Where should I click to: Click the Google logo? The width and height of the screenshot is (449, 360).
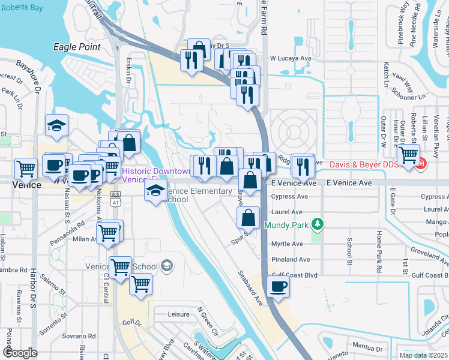pos(20,353)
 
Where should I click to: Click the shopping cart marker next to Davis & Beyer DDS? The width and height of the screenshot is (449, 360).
pos(408,155)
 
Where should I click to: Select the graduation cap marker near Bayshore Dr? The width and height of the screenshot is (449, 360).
pos(56,125)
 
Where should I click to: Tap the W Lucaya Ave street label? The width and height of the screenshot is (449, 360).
pos(291,58)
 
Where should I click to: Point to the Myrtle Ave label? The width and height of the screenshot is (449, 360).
pos(287,244)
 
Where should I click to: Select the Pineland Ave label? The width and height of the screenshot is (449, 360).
pos(291,259)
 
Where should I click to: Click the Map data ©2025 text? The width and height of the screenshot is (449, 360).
pos(424,355)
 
